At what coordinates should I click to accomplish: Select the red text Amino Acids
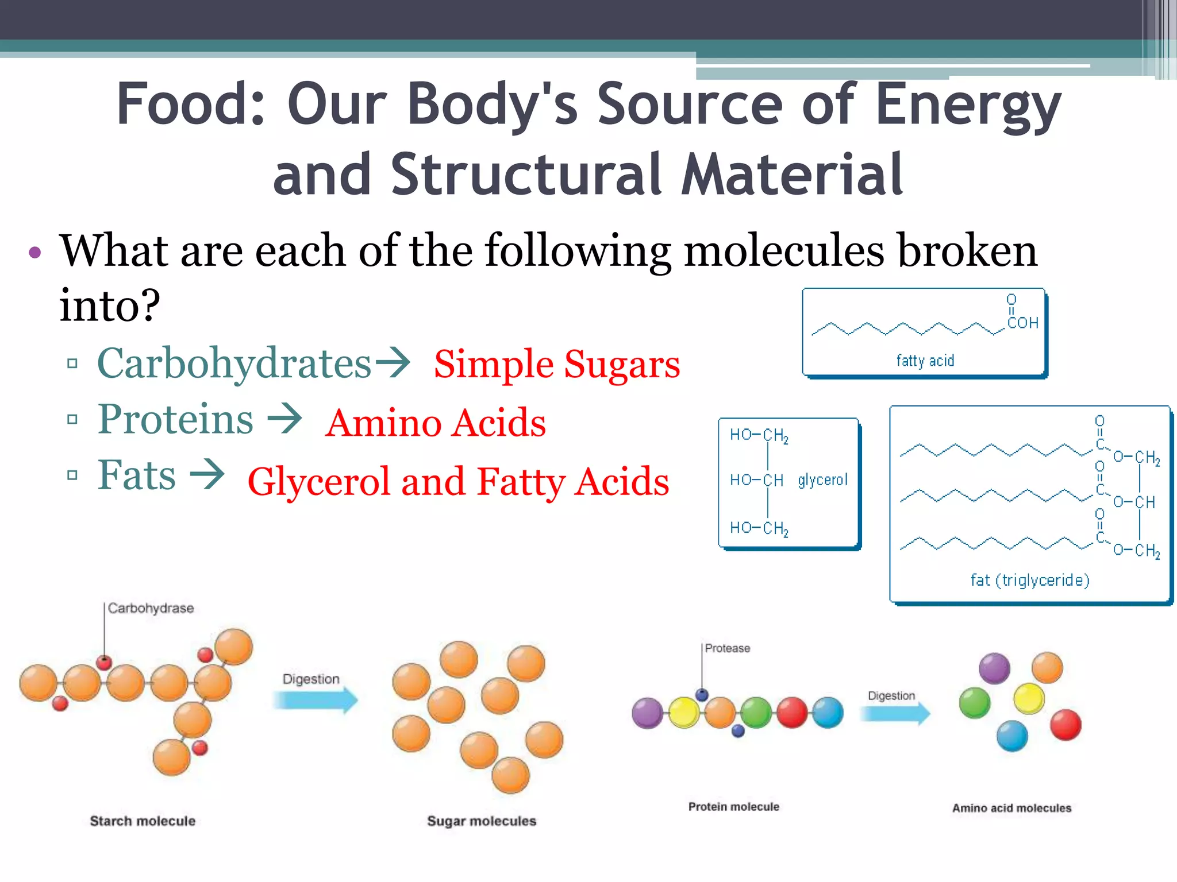coord(436,423)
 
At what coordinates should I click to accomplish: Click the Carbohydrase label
coord(151,608)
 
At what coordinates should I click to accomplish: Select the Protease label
coord(727,648)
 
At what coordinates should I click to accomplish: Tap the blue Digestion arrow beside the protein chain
coord(895,713)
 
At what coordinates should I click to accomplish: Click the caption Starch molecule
coord(143,821)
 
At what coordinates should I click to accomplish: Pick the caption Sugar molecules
coord(482,821)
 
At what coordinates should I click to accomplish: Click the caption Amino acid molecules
coord(1011,808)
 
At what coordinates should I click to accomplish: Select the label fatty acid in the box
coord(925,361)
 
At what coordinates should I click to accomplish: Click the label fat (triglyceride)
coord(1030,581)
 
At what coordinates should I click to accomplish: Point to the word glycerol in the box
coord(822,480)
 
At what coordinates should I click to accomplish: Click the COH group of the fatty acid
coord(1022,323)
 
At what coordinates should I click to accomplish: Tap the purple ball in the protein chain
coord(647,713)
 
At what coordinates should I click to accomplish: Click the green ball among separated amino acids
coord(975,703)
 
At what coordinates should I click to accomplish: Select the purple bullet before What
coord(35,252)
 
